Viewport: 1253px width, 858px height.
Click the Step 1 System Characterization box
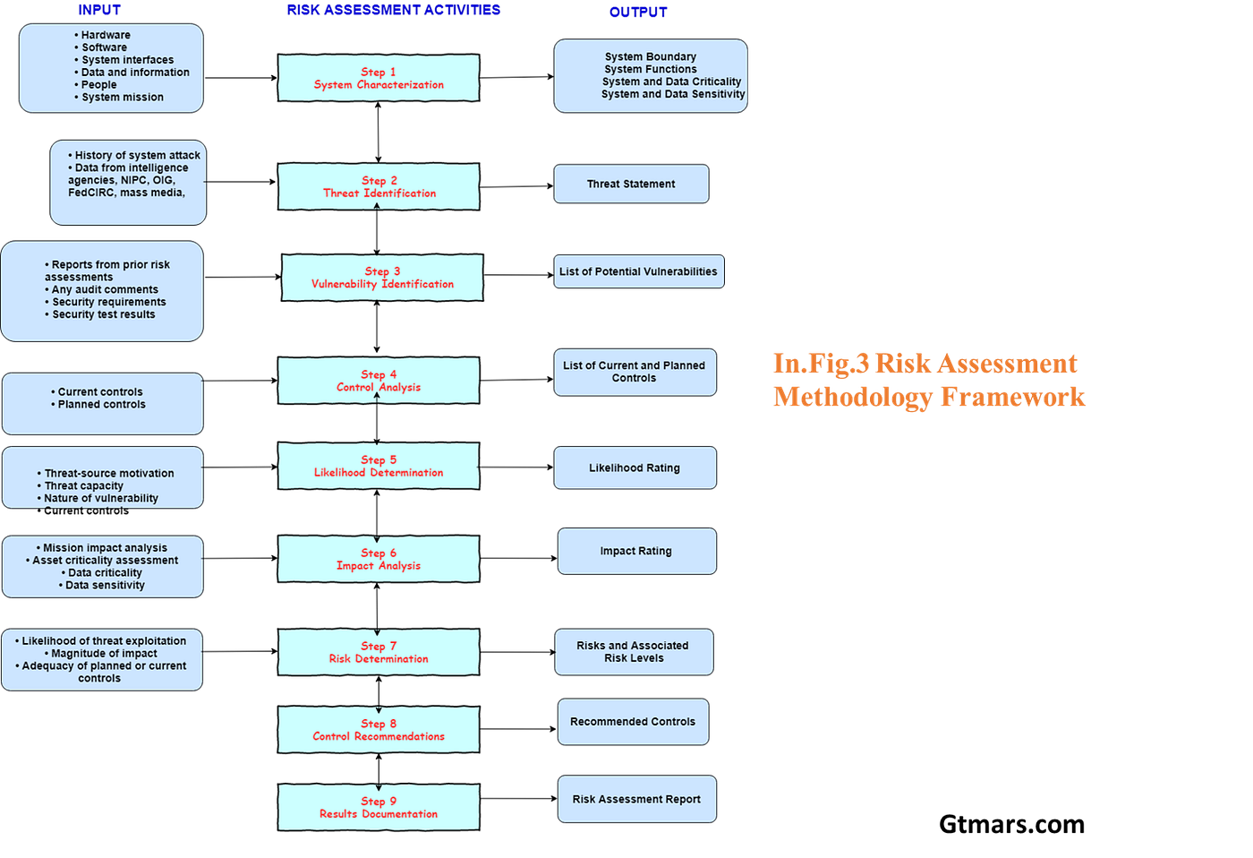tap(379, 78)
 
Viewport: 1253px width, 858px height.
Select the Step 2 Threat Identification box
tap(379, 186)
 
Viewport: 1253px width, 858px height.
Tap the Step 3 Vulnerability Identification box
tap(382, 278)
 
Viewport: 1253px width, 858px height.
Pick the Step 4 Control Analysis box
tap(379, 381)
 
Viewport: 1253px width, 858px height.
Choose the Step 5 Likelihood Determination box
tap(379, 466)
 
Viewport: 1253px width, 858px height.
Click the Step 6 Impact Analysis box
tap(379, 559)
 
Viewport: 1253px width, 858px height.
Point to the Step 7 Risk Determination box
tap(379, 652)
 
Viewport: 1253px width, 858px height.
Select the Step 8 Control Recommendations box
tap(379, 730)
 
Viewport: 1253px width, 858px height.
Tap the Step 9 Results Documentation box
tap(379, 808)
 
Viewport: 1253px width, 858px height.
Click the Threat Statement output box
tap(631, 184)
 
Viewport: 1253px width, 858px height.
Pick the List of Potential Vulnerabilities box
tap(638, 271)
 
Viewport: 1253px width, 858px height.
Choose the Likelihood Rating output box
tap(635, 468)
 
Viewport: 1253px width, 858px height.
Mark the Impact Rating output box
tap(636, 551)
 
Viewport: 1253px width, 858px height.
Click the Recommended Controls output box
tap(633, 722)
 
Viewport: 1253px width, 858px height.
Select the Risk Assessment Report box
tap(636, 799)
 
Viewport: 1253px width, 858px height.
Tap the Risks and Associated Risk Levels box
tap(634, 651)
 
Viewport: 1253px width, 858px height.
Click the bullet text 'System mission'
tap(123, 98)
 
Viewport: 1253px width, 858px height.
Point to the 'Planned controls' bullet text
tap(101, 405)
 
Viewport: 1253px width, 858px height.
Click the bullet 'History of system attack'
tap(137, 156)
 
